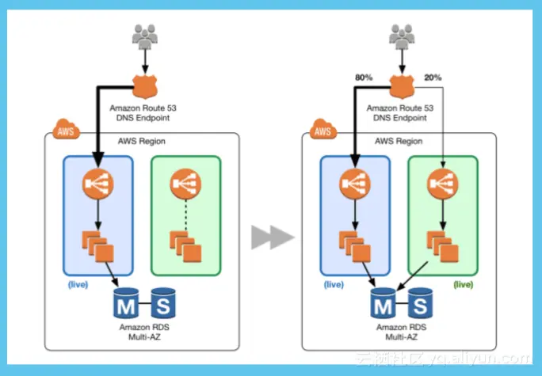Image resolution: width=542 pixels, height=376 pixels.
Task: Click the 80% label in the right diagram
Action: [x=365, y=78]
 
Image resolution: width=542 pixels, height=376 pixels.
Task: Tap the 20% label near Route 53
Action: [x=433, y=78]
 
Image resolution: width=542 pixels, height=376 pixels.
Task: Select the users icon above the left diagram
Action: [x=145, y=35]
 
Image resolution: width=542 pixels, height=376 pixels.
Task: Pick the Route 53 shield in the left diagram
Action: [x=145, y=85]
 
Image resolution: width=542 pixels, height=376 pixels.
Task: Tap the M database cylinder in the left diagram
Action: [x=125, y=303]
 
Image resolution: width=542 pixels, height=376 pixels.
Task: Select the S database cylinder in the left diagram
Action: [x=162, y=302]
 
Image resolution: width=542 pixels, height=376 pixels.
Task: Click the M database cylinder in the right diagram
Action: [x=382, y=303]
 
